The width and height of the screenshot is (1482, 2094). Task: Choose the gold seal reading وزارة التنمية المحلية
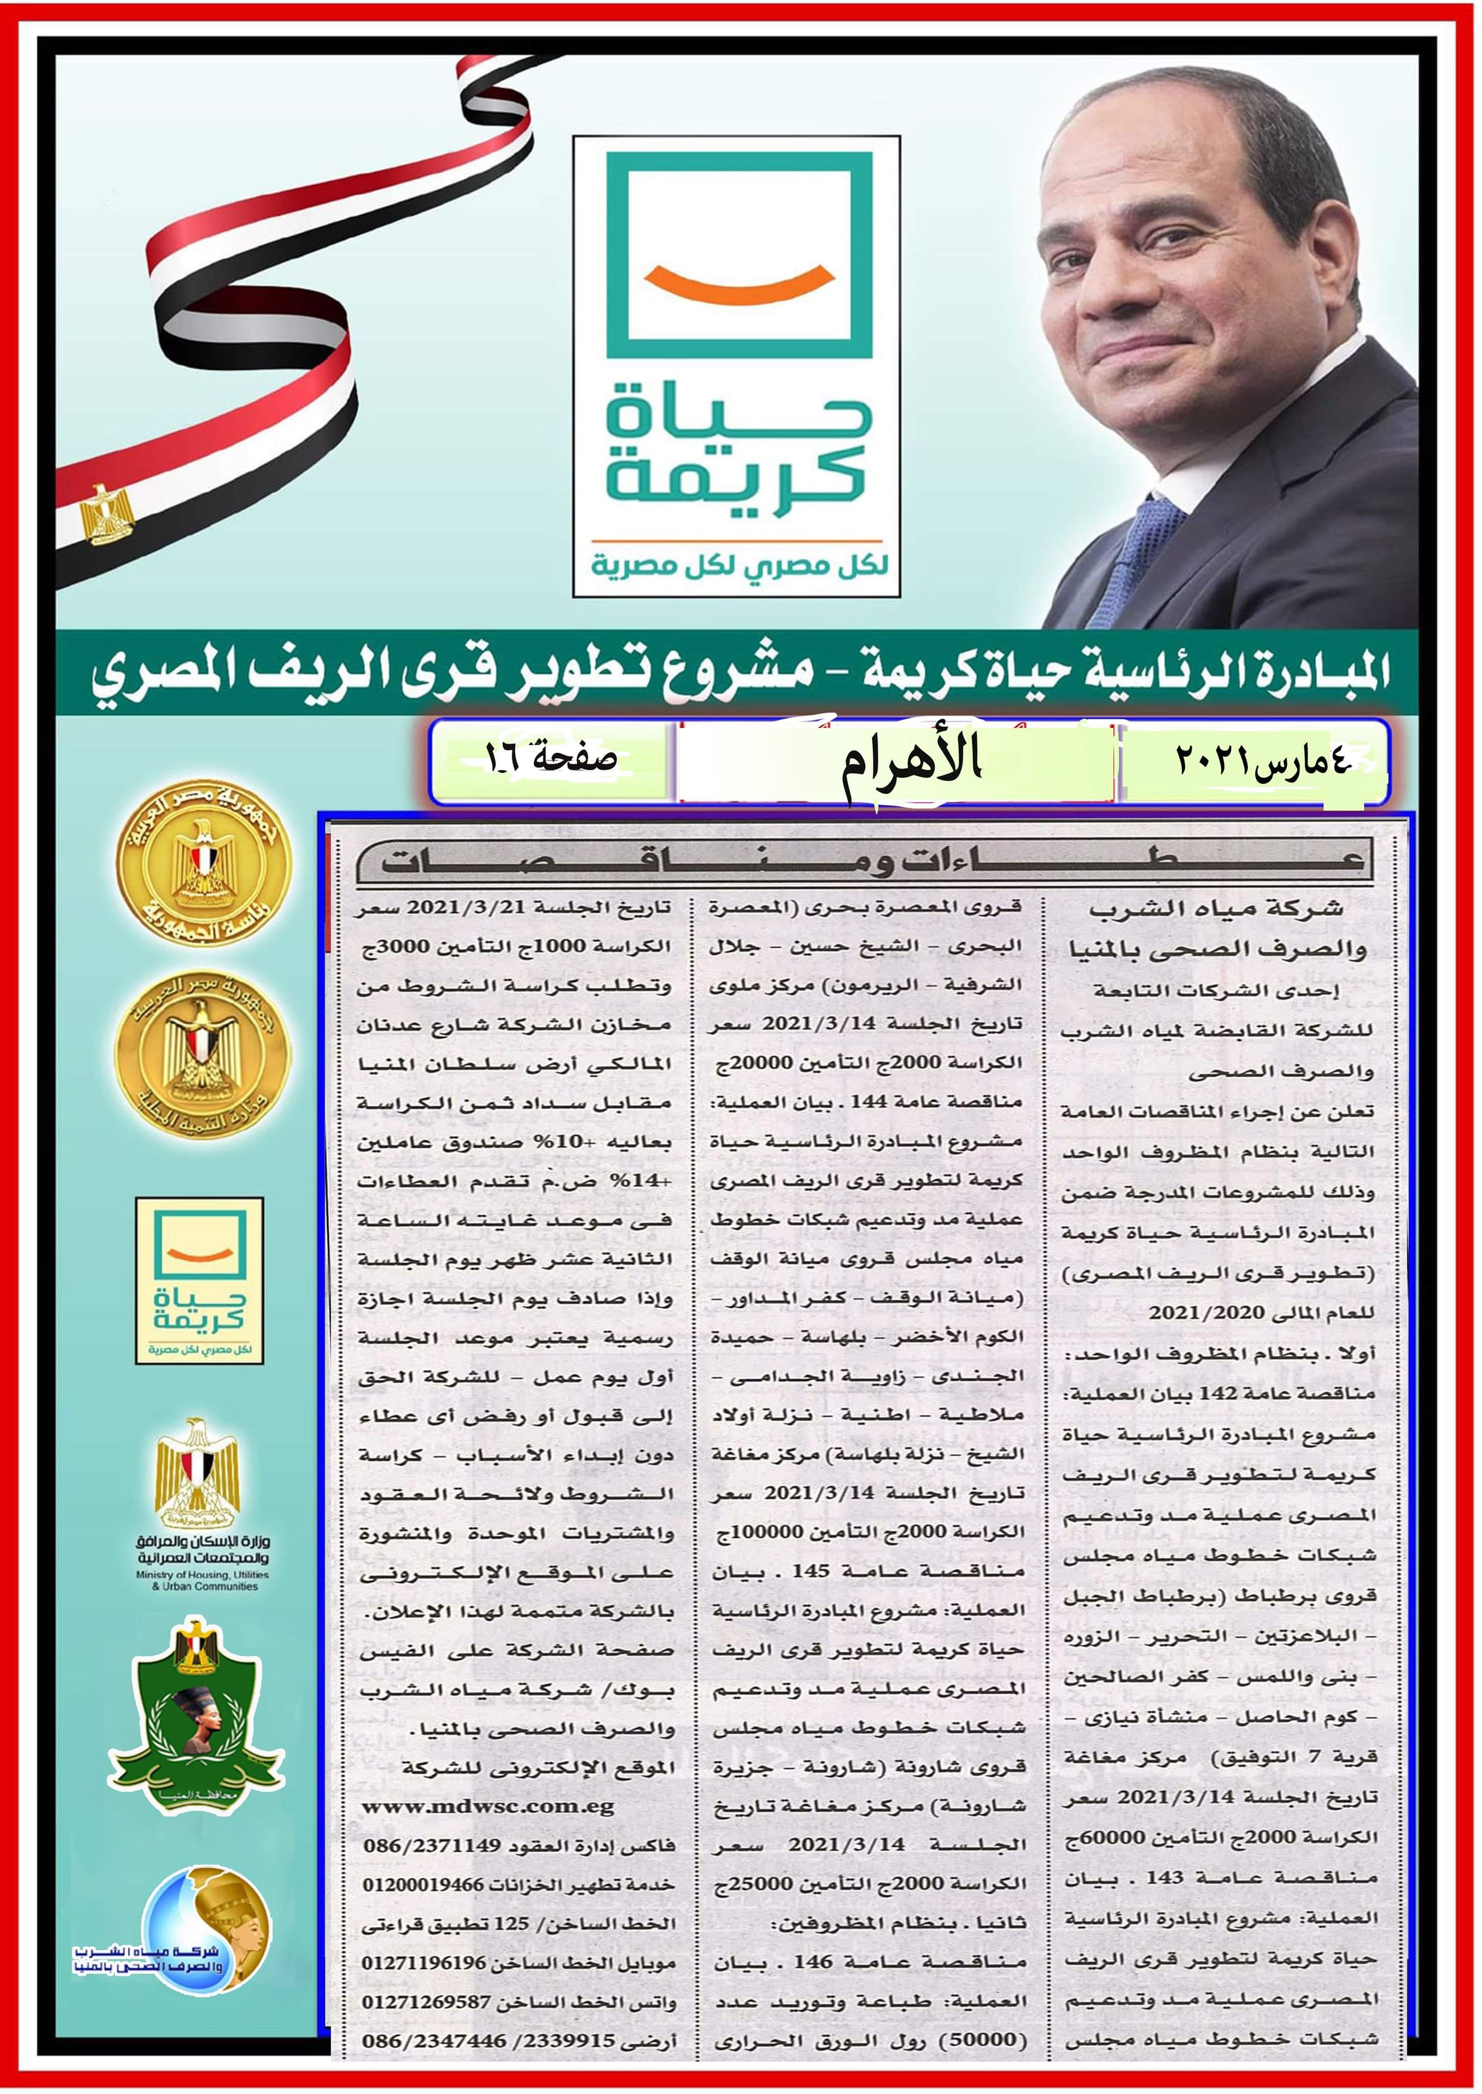(x=201, y=1058)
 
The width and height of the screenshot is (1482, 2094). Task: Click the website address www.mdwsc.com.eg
(x=488, y=1807)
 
